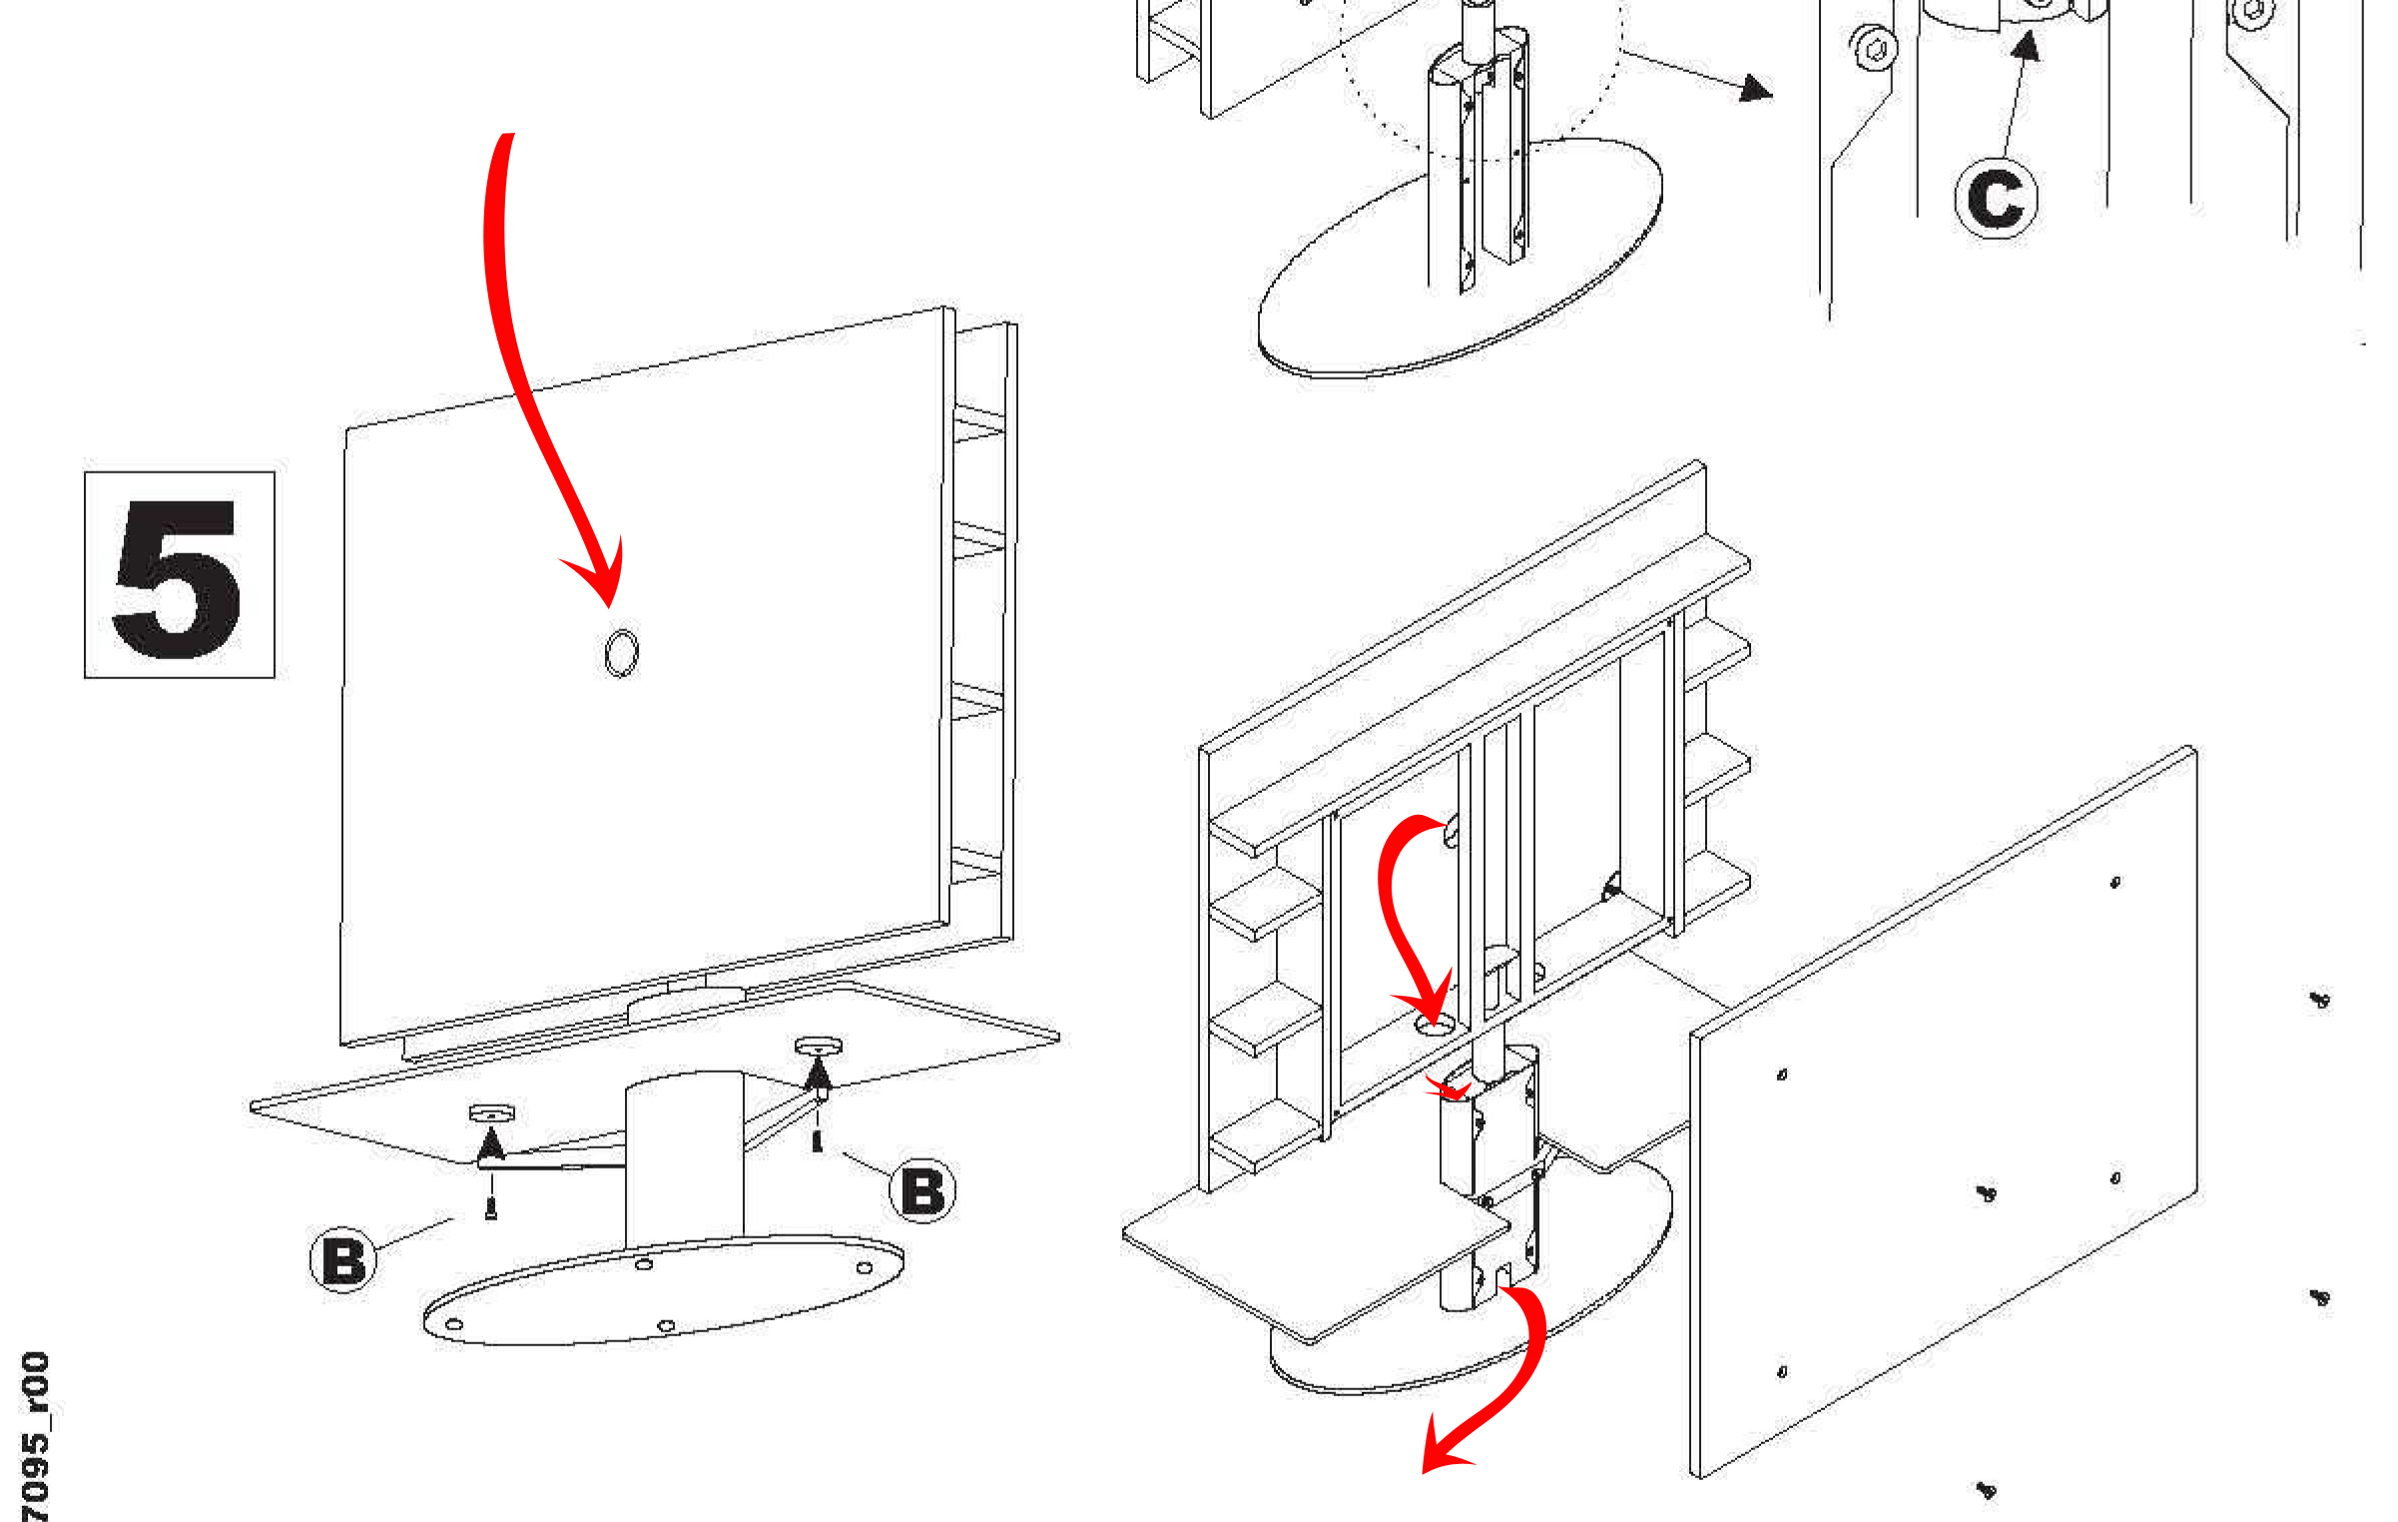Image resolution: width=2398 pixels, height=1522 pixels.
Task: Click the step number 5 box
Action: (180, 574)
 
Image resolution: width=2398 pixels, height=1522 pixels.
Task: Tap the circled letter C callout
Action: (1995, 198)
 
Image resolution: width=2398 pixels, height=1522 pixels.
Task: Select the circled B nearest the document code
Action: (343, 1260)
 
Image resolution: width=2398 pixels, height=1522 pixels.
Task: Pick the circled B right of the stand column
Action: (921, 1189)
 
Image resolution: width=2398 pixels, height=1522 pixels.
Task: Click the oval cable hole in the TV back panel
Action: (621, 652)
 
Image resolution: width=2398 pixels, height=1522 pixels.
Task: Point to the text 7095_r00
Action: (35, 1436)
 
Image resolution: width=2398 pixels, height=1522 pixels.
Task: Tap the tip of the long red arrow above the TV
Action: (610, 606)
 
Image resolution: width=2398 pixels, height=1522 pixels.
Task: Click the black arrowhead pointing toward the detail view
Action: (1756, 88)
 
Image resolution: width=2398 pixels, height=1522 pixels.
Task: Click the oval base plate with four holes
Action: (663, 1290)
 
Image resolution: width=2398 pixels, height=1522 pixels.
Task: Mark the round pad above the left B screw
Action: (491, 1113)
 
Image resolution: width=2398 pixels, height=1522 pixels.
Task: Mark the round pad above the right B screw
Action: (818, 1046)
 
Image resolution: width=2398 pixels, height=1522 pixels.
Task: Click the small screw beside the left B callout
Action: (490, 1208)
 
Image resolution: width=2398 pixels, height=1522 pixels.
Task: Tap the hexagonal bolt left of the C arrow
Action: (1874, 48)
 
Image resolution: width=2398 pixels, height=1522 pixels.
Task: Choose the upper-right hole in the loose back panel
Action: (2114, 882)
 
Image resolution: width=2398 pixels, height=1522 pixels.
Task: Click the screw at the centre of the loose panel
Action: (1987, 1192)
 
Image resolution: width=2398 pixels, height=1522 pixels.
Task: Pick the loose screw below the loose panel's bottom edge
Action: (1987, 1490)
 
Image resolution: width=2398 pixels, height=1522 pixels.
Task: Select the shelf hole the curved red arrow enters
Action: (1435, 1025)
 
